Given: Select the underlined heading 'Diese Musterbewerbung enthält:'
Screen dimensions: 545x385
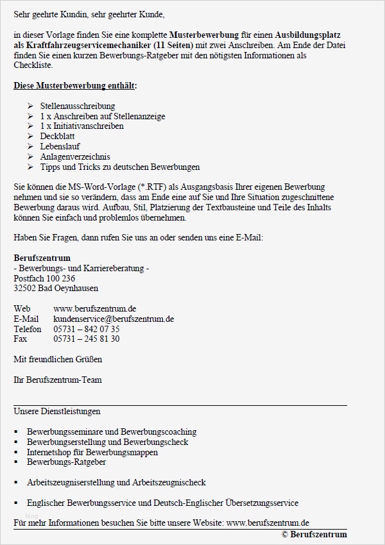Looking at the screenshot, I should click(x=75, y=85).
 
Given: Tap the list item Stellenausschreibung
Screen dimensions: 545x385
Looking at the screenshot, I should click(x=78, y=106).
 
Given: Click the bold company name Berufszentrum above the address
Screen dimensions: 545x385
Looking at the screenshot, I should click(x=42, y=258).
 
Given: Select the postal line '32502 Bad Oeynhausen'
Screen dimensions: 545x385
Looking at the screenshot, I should click(x=56, y=289).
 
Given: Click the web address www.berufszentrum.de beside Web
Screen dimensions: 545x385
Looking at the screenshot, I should click(x=94, y=309).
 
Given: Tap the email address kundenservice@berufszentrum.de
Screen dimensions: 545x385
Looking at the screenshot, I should click(x=114, y=319).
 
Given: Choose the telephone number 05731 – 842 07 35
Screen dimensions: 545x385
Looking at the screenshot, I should click(x=86, y=329).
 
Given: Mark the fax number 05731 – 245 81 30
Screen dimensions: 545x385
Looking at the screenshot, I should click(x=86, y=339).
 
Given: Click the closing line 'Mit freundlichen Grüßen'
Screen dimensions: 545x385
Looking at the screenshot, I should click(x=58, y=359).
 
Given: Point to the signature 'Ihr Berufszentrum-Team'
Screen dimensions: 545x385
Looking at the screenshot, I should click(x=57, y=380).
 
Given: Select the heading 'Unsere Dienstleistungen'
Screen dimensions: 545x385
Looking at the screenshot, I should click(x=56, y=411).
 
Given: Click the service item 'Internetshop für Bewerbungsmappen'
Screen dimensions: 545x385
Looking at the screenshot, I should click(x=92, y=452).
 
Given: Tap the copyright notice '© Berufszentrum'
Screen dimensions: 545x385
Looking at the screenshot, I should click(x=314, y=534).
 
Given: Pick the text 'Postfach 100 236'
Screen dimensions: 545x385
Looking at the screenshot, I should click(x=44, y=278).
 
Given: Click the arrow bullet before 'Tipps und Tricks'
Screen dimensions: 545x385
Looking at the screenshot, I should click(x=30, y=167).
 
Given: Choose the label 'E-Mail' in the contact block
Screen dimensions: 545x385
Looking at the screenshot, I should click(x=26, y=319).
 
